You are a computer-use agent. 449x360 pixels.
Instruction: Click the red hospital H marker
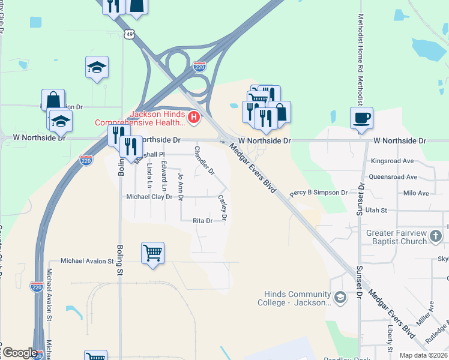[x=193, y=117]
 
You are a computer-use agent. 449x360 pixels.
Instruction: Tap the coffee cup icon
[x=361, y=118]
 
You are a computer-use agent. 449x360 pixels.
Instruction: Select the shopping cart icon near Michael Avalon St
[x=152, y=253]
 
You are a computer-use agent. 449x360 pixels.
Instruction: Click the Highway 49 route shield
[x=130, y=35]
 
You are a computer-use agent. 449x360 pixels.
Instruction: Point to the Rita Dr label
[x=202, y=221]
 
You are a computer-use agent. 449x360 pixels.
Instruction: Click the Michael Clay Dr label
[x=149, y=197]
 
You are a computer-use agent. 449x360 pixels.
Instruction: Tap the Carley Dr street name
[x=221, y=208]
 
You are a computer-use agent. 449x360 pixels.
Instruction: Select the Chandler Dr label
[x=203, y=160]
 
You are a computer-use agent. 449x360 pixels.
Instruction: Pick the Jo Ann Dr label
[x=181, y=185]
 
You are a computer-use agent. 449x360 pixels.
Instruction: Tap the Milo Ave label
[x=416, y=193]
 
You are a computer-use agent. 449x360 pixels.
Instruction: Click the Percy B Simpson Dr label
[x=318, y=193]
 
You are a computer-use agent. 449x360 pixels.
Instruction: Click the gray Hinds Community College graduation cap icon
[x=340, y=298]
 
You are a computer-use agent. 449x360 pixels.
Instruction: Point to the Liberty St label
[x=390, y=340]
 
